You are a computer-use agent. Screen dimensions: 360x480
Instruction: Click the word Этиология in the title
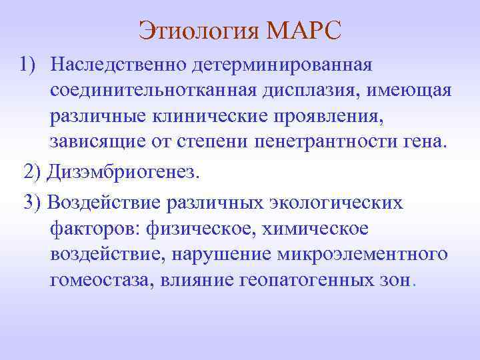[198, 30]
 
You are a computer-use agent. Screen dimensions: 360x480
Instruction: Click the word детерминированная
[281, 65]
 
